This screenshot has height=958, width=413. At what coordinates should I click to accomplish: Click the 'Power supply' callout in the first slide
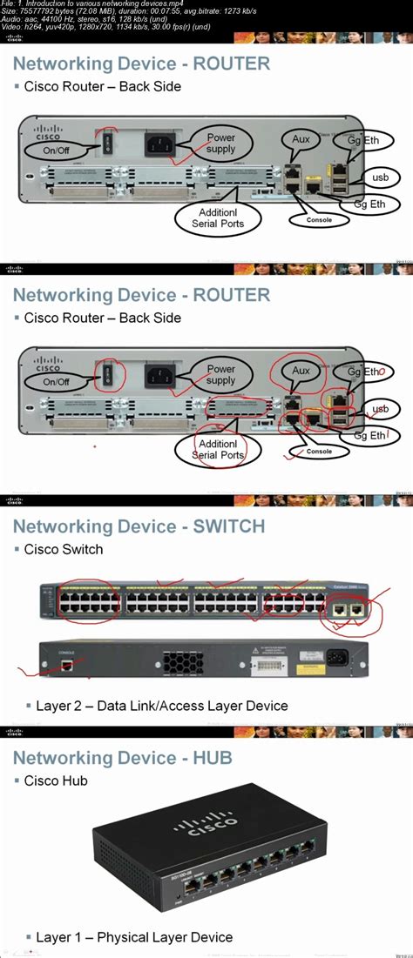click(220, 142)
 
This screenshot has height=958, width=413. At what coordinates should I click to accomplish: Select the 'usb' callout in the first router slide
click(380, 178)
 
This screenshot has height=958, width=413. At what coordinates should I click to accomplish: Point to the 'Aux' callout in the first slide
click(301, 139)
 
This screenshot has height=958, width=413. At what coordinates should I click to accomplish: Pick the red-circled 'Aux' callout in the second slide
click(301, 371)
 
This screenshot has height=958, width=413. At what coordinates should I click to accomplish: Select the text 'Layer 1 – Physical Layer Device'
click(134, 937)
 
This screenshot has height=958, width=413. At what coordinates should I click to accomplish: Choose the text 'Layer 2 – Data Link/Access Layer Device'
click(162, 705)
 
